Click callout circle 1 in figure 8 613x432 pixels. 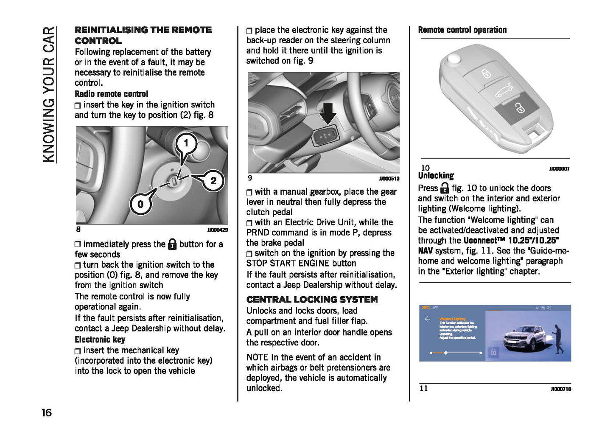click(185, 143)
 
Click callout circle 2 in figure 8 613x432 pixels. click(213, 180)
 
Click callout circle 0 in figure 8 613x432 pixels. click(140, 204)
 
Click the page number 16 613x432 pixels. click(47, 412)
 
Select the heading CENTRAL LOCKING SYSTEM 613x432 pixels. click(312, 299)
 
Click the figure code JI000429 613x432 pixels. click(217, 230)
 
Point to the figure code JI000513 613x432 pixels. click(389, 179)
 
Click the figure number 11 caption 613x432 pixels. click(424, 388)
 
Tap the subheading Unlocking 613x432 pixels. click(436, 176)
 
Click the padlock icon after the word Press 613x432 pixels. click(444, 188)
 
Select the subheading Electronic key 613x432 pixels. click(100, 339)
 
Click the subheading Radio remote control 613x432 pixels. click(111, 94)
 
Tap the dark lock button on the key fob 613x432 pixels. click(518, 108)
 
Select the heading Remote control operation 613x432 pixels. click(462, 30)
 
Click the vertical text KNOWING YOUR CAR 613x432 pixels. click(49, 94)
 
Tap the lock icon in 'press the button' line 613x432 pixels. click(172, 244)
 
